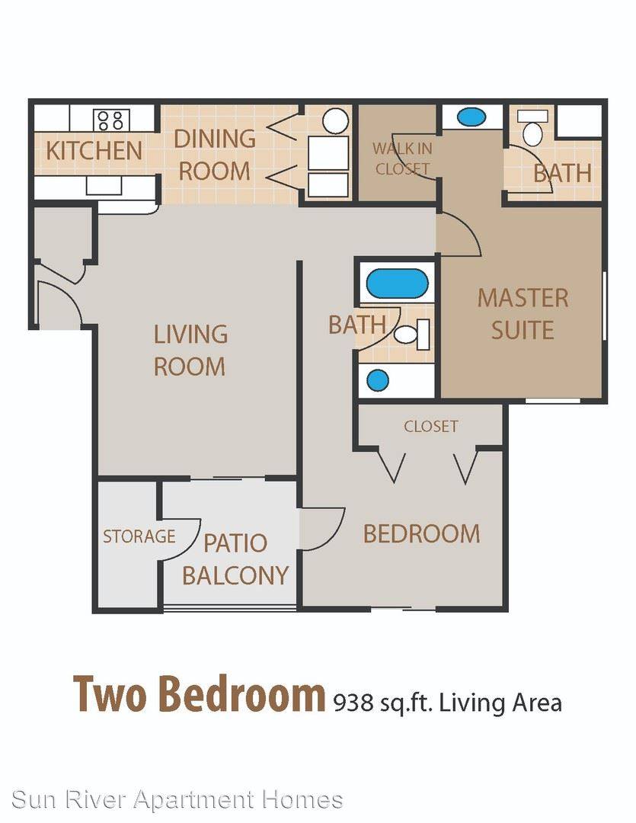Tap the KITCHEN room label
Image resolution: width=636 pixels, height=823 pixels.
point(94,151)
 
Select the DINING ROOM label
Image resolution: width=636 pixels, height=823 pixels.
point(215,155)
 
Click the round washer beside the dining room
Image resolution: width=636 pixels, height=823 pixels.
point(335,120)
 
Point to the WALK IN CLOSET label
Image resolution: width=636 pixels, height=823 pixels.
point(402,159)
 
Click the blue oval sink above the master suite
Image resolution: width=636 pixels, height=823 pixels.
point(471,117)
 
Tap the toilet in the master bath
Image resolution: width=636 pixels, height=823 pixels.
point(532,128)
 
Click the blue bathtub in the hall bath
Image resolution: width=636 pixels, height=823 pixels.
point(397,283)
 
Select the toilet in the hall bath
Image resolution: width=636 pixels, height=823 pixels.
point(413,334)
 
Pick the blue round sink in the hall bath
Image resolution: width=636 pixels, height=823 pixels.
point(378,380)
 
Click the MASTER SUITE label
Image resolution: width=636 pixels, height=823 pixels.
point(523,314)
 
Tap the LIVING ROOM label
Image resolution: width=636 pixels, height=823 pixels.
point(190,350)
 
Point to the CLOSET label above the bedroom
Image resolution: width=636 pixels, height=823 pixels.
point(431,426)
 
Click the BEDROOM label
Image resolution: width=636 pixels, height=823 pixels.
point(421,533)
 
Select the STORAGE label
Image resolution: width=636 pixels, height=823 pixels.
point(139,536)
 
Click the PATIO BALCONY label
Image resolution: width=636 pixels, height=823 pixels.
point(235,559)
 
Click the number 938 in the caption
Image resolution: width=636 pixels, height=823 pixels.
point(353,703)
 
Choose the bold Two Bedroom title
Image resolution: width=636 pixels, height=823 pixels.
point(199,693)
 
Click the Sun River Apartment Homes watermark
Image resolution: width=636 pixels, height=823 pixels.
point(177,800)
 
